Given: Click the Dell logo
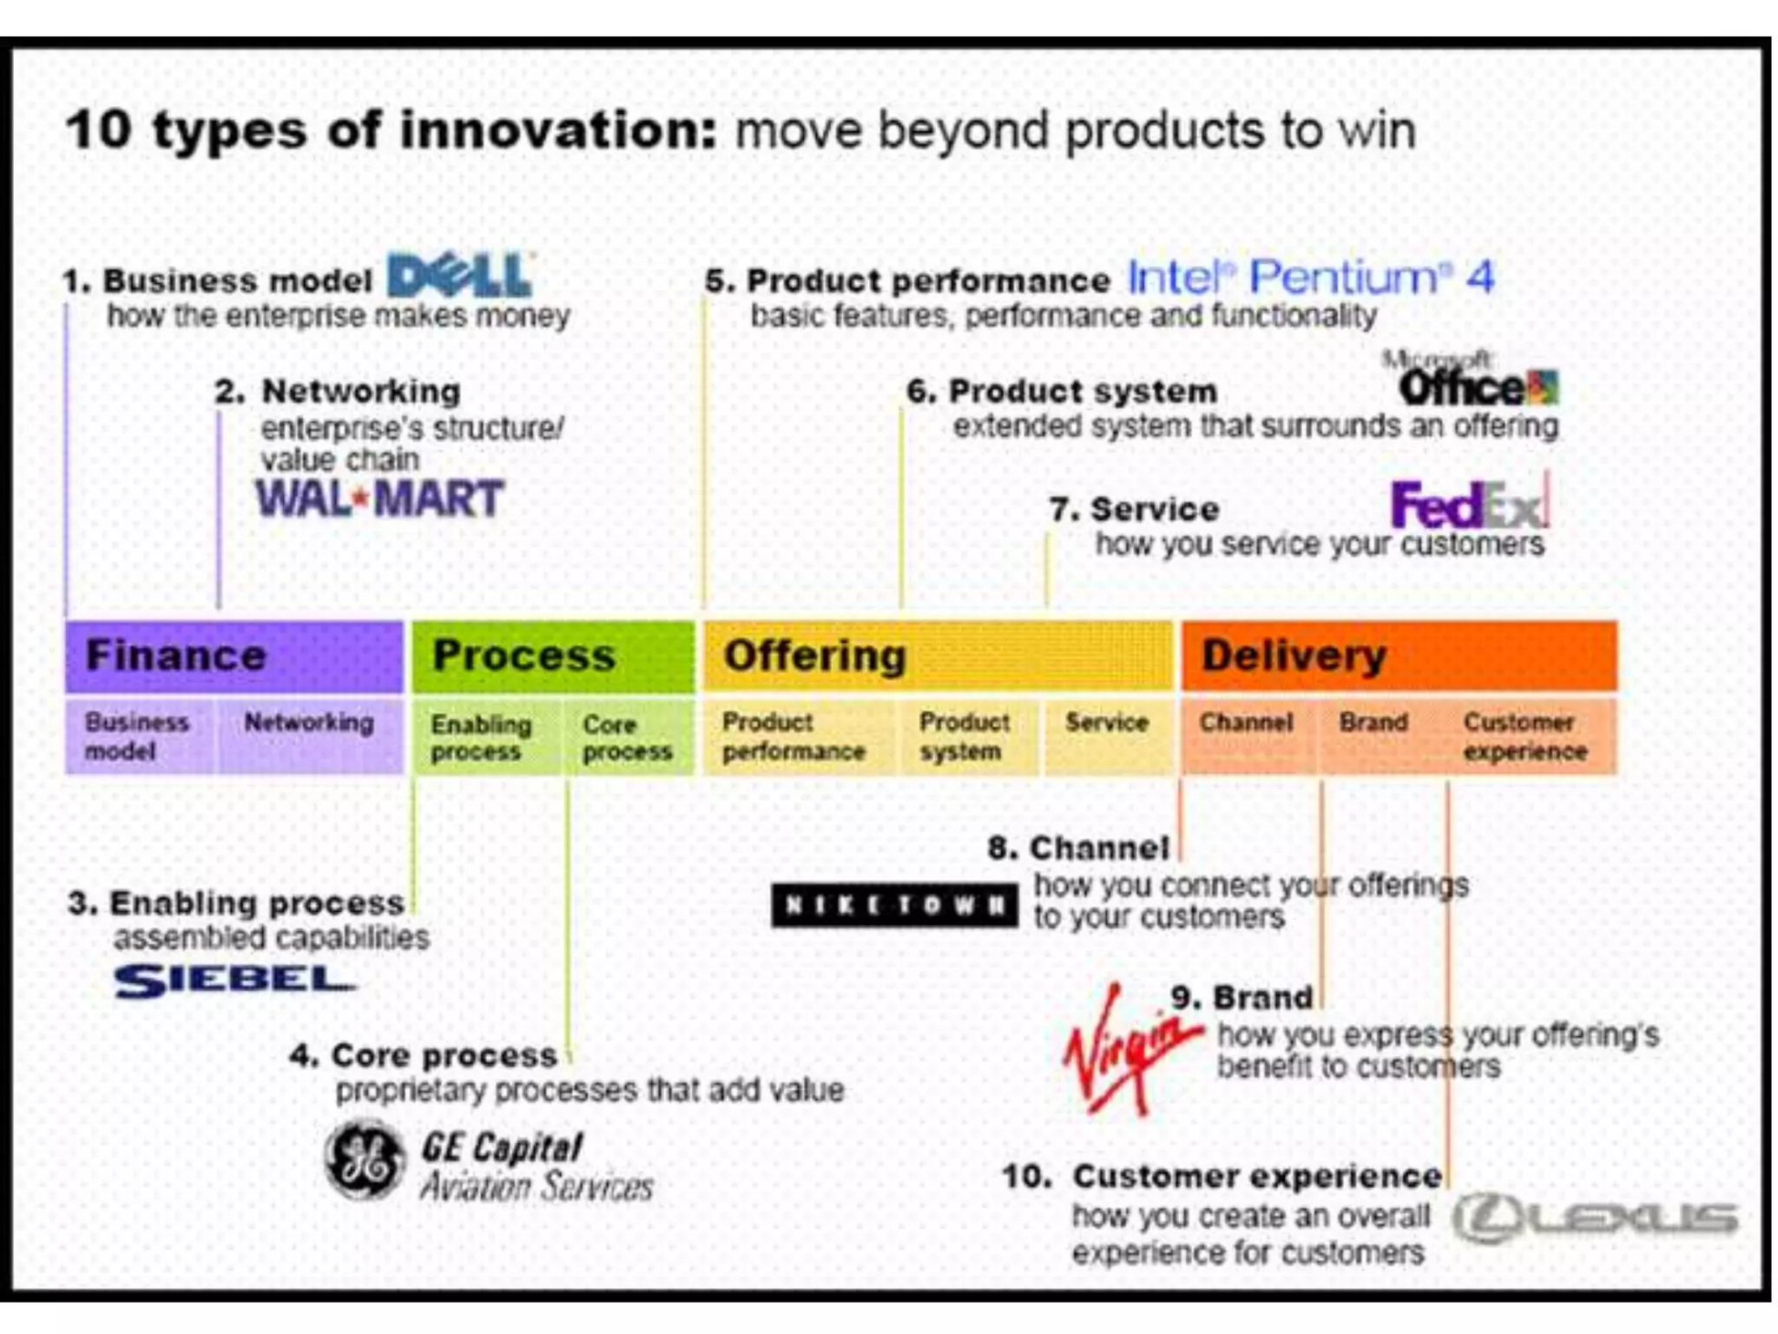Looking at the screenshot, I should [460, 276].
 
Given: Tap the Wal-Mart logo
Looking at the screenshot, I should [379, 499].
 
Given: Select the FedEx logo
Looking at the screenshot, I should [1469, 505].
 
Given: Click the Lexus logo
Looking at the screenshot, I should [1596, 1218].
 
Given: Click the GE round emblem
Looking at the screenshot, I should [365, 1159].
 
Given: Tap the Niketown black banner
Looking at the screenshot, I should [894, 906].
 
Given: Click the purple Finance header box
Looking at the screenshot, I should [234, 657].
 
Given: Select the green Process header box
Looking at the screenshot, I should [553, 657].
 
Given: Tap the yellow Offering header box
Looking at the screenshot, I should [938, 657].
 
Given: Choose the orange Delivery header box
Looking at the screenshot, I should [1399, 657].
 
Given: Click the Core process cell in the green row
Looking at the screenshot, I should [627, 736].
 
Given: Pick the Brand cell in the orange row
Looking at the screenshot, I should [1373, 735].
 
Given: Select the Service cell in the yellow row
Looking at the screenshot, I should [1107, 735].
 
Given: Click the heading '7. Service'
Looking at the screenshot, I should [1134, 510].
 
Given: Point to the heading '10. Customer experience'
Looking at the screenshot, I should [1222, 1177].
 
